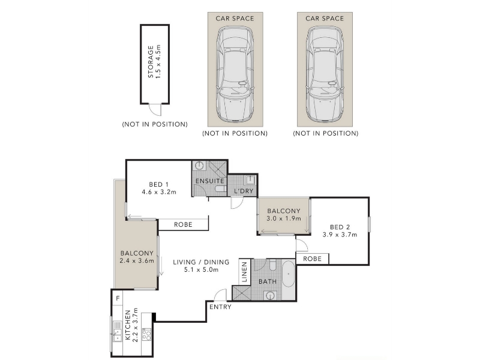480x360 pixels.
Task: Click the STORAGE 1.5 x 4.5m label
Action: pos(154,62)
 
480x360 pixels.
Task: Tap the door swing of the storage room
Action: pos(155,110)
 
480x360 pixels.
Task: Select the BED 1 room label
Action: pos(158,184)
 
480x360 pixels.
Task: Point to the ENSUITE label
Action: pos(209,181)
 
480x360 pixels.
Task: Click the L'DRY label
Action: pos(244,191)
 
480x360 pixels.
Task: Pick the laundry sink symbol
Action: pos(250,179)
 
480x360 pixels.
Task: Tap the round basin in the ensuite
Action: pos(199,166)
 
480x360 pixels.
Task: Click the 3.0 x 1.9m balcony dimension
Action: pos(284,218)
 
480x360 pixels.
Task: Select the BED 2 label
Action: pos(340,227)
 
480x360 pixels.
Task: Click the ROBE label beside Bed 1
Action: pos(183,224)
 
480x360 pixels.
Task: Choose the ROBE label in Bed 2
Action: pos(312,259)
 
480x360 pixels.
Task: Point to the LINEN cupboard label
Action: pos(244,272)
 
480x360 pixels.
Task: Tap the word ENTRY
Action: pos(220,307)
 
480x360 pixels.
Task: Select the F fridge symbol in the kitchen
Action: pos(118,298)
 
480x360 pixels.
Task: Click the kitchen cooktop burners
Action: pos(147,334)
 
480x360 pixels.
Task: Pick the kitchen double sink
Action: pos(118,331)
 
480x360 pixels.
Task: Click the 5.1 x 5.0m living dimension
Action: pos(201,269)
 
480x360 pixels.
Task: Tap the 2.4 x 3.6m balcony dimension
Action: pos(137,261)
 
